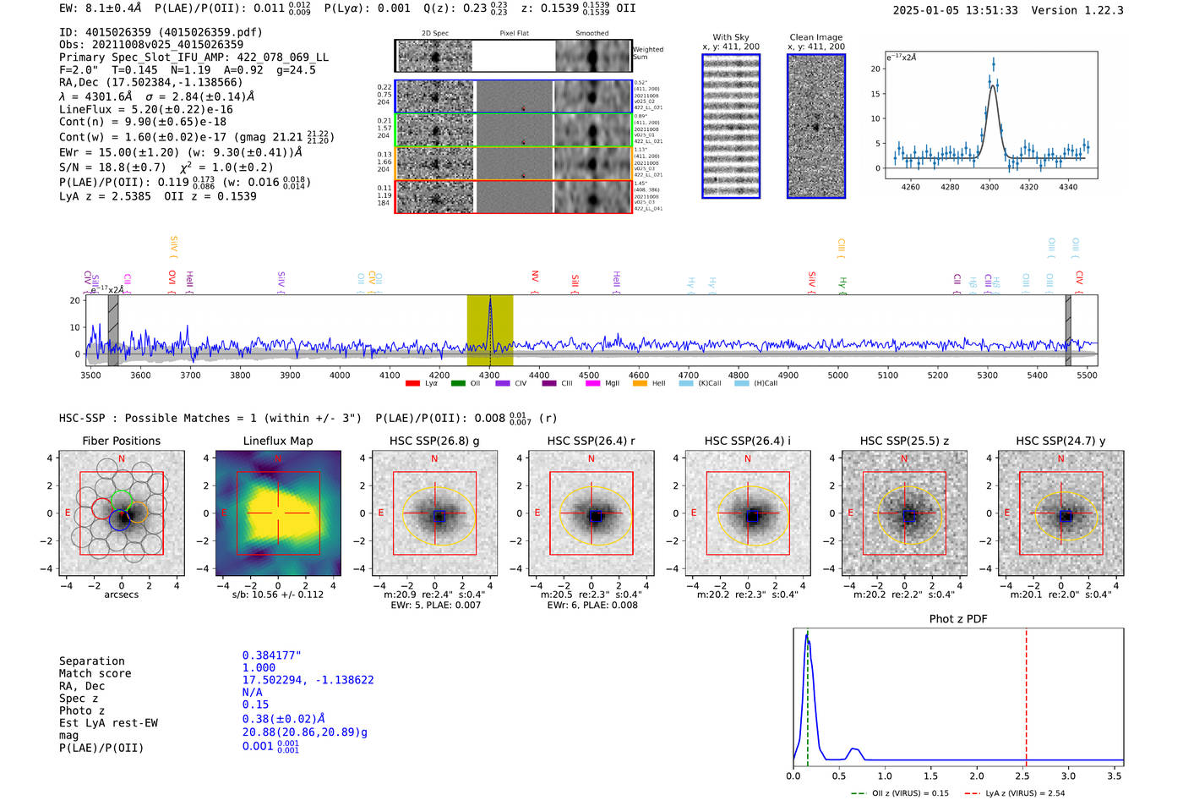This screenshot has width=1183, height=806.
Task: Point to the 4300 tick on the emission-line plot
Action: click(x=989, y=187)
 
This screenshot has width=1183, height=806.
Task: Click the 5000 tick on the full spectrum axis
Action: click(x=837, y=375)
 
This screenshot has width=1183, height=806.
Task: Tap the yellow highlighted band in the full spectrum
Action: click(x=490, y=330)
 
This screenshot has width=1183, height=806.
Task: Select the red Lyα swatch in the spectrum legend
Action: click(x=412, y=383)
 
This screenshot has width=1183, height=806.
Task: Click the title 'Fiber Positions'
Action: click(x=121, y=441)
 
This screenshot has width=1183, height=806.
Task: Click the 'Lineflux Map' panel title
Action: click(x=278, y=441)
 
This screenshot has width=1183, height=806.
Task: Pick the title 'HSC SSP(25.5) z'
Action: click(x=904, y=441)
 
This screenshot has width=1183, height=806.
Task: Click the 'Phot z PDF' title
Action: click(x=958, y=618)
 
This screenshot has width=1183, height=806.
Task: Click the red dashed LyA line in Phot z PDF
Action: click(x=1026, y=694)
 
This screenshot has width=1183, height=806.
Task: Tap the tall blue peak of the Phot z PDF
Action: click(x=808, y=643)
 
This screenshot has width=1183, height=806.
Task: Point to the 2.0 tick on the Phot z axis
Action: click(x=977, y=776)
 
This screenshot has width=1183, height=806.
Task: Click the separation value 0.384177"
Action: click(x=272, y=655)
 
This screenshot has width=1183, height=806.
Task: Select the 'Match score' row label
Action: click(x=95, y=673)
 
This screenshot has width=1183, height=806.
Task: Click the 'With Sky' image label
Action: click(x=731, y=37)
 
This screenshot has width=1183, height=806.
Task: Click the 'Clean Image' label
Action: click(x=815, y=37)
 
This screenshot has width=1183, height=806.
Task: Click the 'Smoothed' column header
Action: click(x=591, y=33)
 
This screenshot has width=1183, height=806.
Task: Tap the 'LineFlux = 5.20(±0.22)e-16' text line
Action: click(x=146, y=109)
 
